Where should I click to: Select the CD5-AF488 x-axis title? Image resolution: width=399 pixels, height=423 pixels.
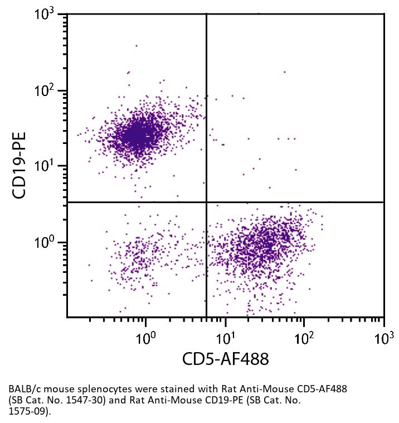(225, 359)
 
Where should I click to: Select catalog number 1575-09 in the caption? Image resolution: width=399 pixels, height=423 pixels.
(26, 411)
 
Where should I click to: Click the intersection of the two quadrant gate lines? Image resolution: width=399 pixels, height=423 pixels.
(207, 202)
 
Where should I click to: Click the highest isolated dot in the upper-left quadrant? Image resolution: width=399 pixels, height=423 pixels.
(136, 46)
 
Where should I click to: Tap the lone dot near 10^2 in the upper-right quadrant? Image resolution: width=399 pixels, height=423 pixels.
(284, 71)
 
